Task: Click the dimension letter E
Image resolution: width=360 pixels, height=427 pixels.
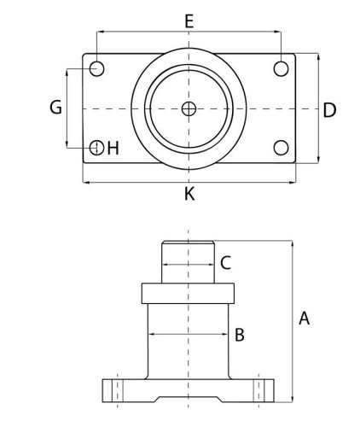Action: coord(189,21)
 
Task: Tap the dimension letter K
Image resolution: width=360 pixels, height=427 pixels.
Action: coord(189,194)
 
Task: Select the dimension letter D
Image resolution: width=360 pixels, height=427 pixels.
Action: coord(329,110)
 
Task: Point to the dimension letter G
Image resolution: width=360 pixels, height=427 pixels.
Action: coord(55,108)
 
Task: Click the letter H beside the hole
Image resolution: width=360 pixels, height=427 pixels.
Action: coord(113,149)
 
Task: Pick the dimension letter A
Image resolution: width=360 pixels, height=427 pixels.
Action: coord(304,318)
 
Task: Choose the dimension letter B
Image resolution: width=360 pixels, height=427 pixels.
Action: coord(240,335)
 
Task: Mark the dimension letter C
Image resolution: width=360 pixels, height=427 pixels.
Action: coord(225,263)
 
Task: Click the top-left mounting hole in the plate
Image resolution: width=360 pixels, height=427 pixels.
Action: coord(96,68)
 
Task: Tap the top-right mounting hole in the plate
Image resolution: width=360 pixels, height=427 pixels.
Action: coord(281,68)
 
